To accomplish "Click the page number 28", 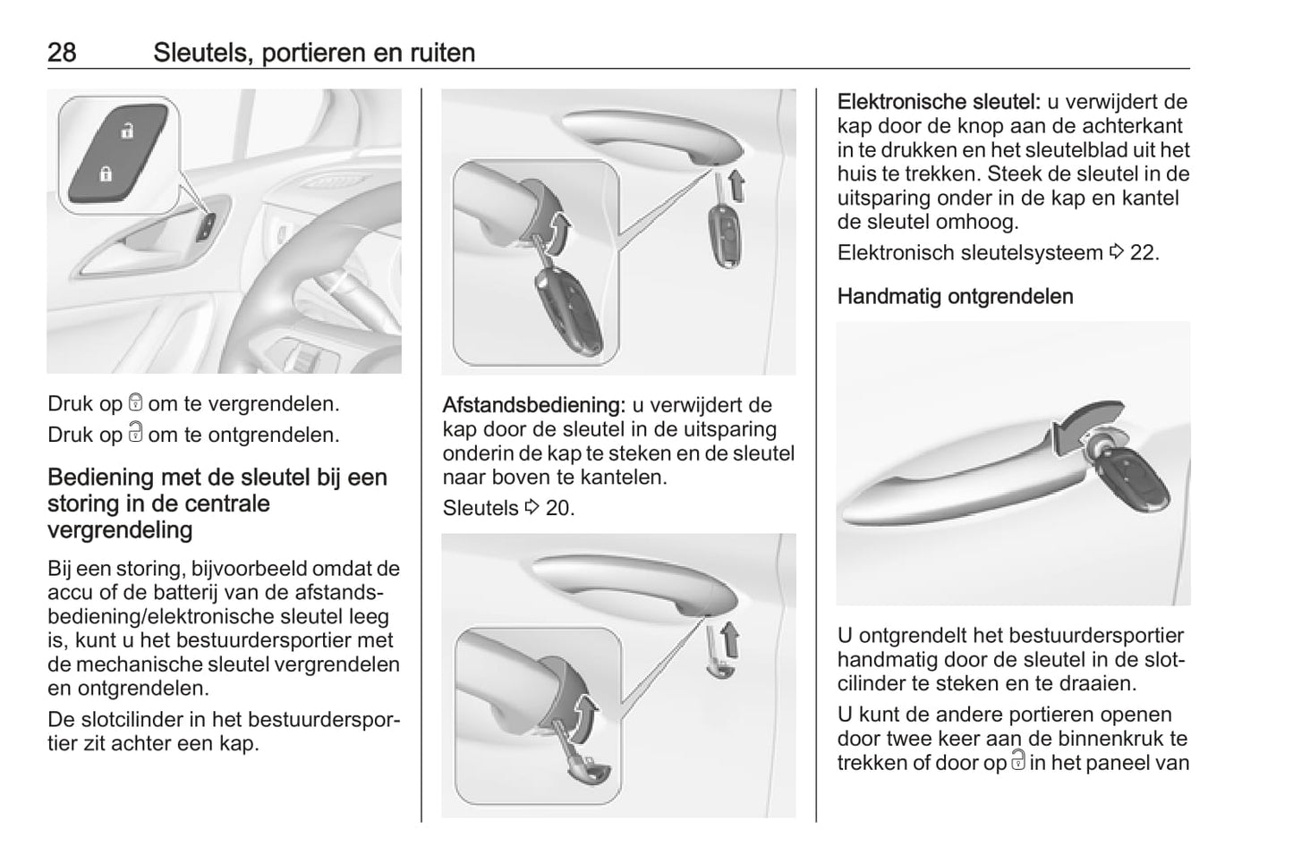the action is (x=62, y=53).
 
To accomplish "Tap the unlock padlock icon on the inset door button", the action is (x=127, y=131).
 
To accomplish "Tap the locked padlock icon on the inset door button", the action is (x=106, y=173).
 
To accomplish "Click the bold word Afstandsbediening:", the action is (x=534, y=405).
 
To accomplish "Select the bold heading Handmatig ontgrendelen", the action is (x=956, y=297).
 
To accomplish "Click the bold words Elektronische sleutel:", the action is (x=939, y=102).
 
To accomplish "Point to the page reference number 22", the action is (x=1144, y=253).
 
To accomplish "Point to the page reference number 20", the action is (x=559, y=508).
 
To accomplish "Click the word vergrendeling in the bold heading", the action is (x=120, y=530).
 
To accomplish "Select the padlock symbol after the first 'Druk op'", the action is (x=136, y=402).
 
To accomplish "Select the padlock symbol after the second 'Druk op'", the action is (x=136, y=432).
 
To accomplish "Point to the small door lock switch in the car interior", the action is (x=207, y=227).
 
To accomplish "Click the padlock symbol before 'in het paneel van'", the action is (x=1018, y=760).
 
